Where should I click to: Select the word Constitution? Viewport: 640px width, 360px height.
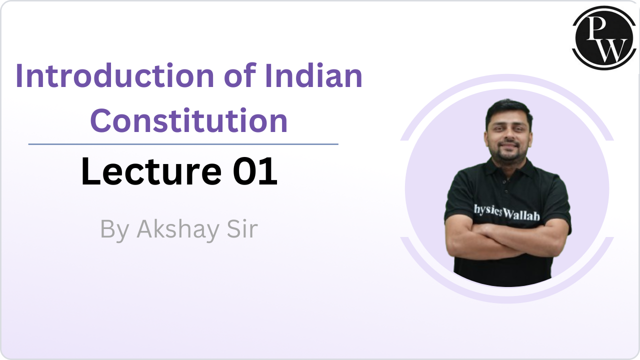pos(189,120)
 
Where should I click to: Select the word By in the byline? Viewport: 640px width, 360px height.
pos(114,229)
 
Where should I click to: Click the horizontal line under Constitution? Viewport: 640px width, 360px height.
pos(183,144)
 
